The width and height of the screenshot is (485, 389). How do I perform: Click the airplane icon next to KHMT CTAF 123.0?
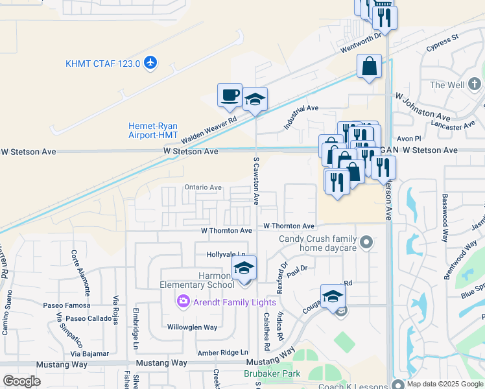coord(151,63)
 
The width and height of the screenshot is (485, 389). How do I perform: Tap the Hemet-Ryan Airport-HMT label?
coord(153,130)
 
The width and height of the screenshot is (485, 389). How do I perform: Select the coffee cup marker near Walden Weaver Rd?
coord(230,95)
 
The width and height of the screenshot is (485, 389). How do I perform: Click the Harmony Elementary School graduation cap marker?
coord(244,267)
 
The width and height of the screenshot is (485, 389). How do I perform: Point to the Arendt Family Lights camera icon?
coord(183,301)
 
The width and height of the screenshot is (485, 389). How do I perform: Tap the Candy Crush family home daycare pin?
coord(366,243)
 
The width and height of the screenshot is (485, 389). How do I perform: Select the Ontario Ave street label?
coord(203,187)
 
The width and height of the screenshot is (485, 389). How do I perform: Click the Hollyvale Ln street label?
coord(226,255)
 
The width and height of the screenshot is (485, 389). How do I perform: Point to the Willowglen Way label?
coord(193,327)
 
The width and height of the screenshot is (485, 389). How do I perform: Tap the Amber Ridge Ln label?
coord(223,352)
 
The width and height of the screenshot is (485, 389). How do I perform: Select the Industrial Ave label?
coord(301,116)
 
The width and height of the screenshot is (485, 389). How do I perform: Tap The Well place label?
coord(447,85)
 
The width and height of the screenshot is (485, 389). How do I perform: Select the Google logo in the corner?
coord(22,381)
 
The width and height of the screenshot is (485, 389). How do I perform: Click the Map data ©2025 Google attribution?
coord(445,384)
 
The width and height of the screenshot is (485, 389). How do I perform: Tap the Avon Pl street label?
coord(409,139)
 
